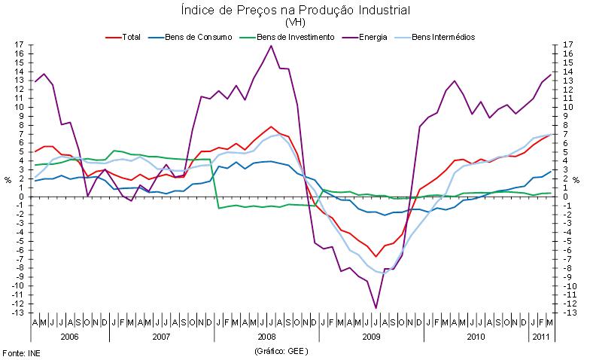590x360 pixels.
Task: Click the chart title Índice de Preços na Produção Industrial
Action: (295, 11)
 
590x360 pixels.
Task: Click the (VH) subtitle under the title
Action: (295, 23)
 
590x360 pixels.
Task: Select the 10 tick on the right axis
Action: (567, 107)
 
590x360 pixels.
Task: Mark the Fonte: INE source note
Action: (20, 352)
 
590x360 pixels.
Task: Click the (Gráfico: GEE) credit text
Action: (283, 351)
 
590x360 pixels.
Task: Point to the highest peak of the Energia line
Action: (271, 46)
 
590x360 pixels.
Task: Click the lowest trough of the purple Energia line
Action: (376, 308)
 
